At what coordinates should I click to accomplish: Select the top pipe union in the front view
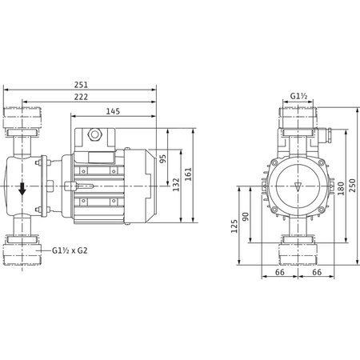pos(300,121)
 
